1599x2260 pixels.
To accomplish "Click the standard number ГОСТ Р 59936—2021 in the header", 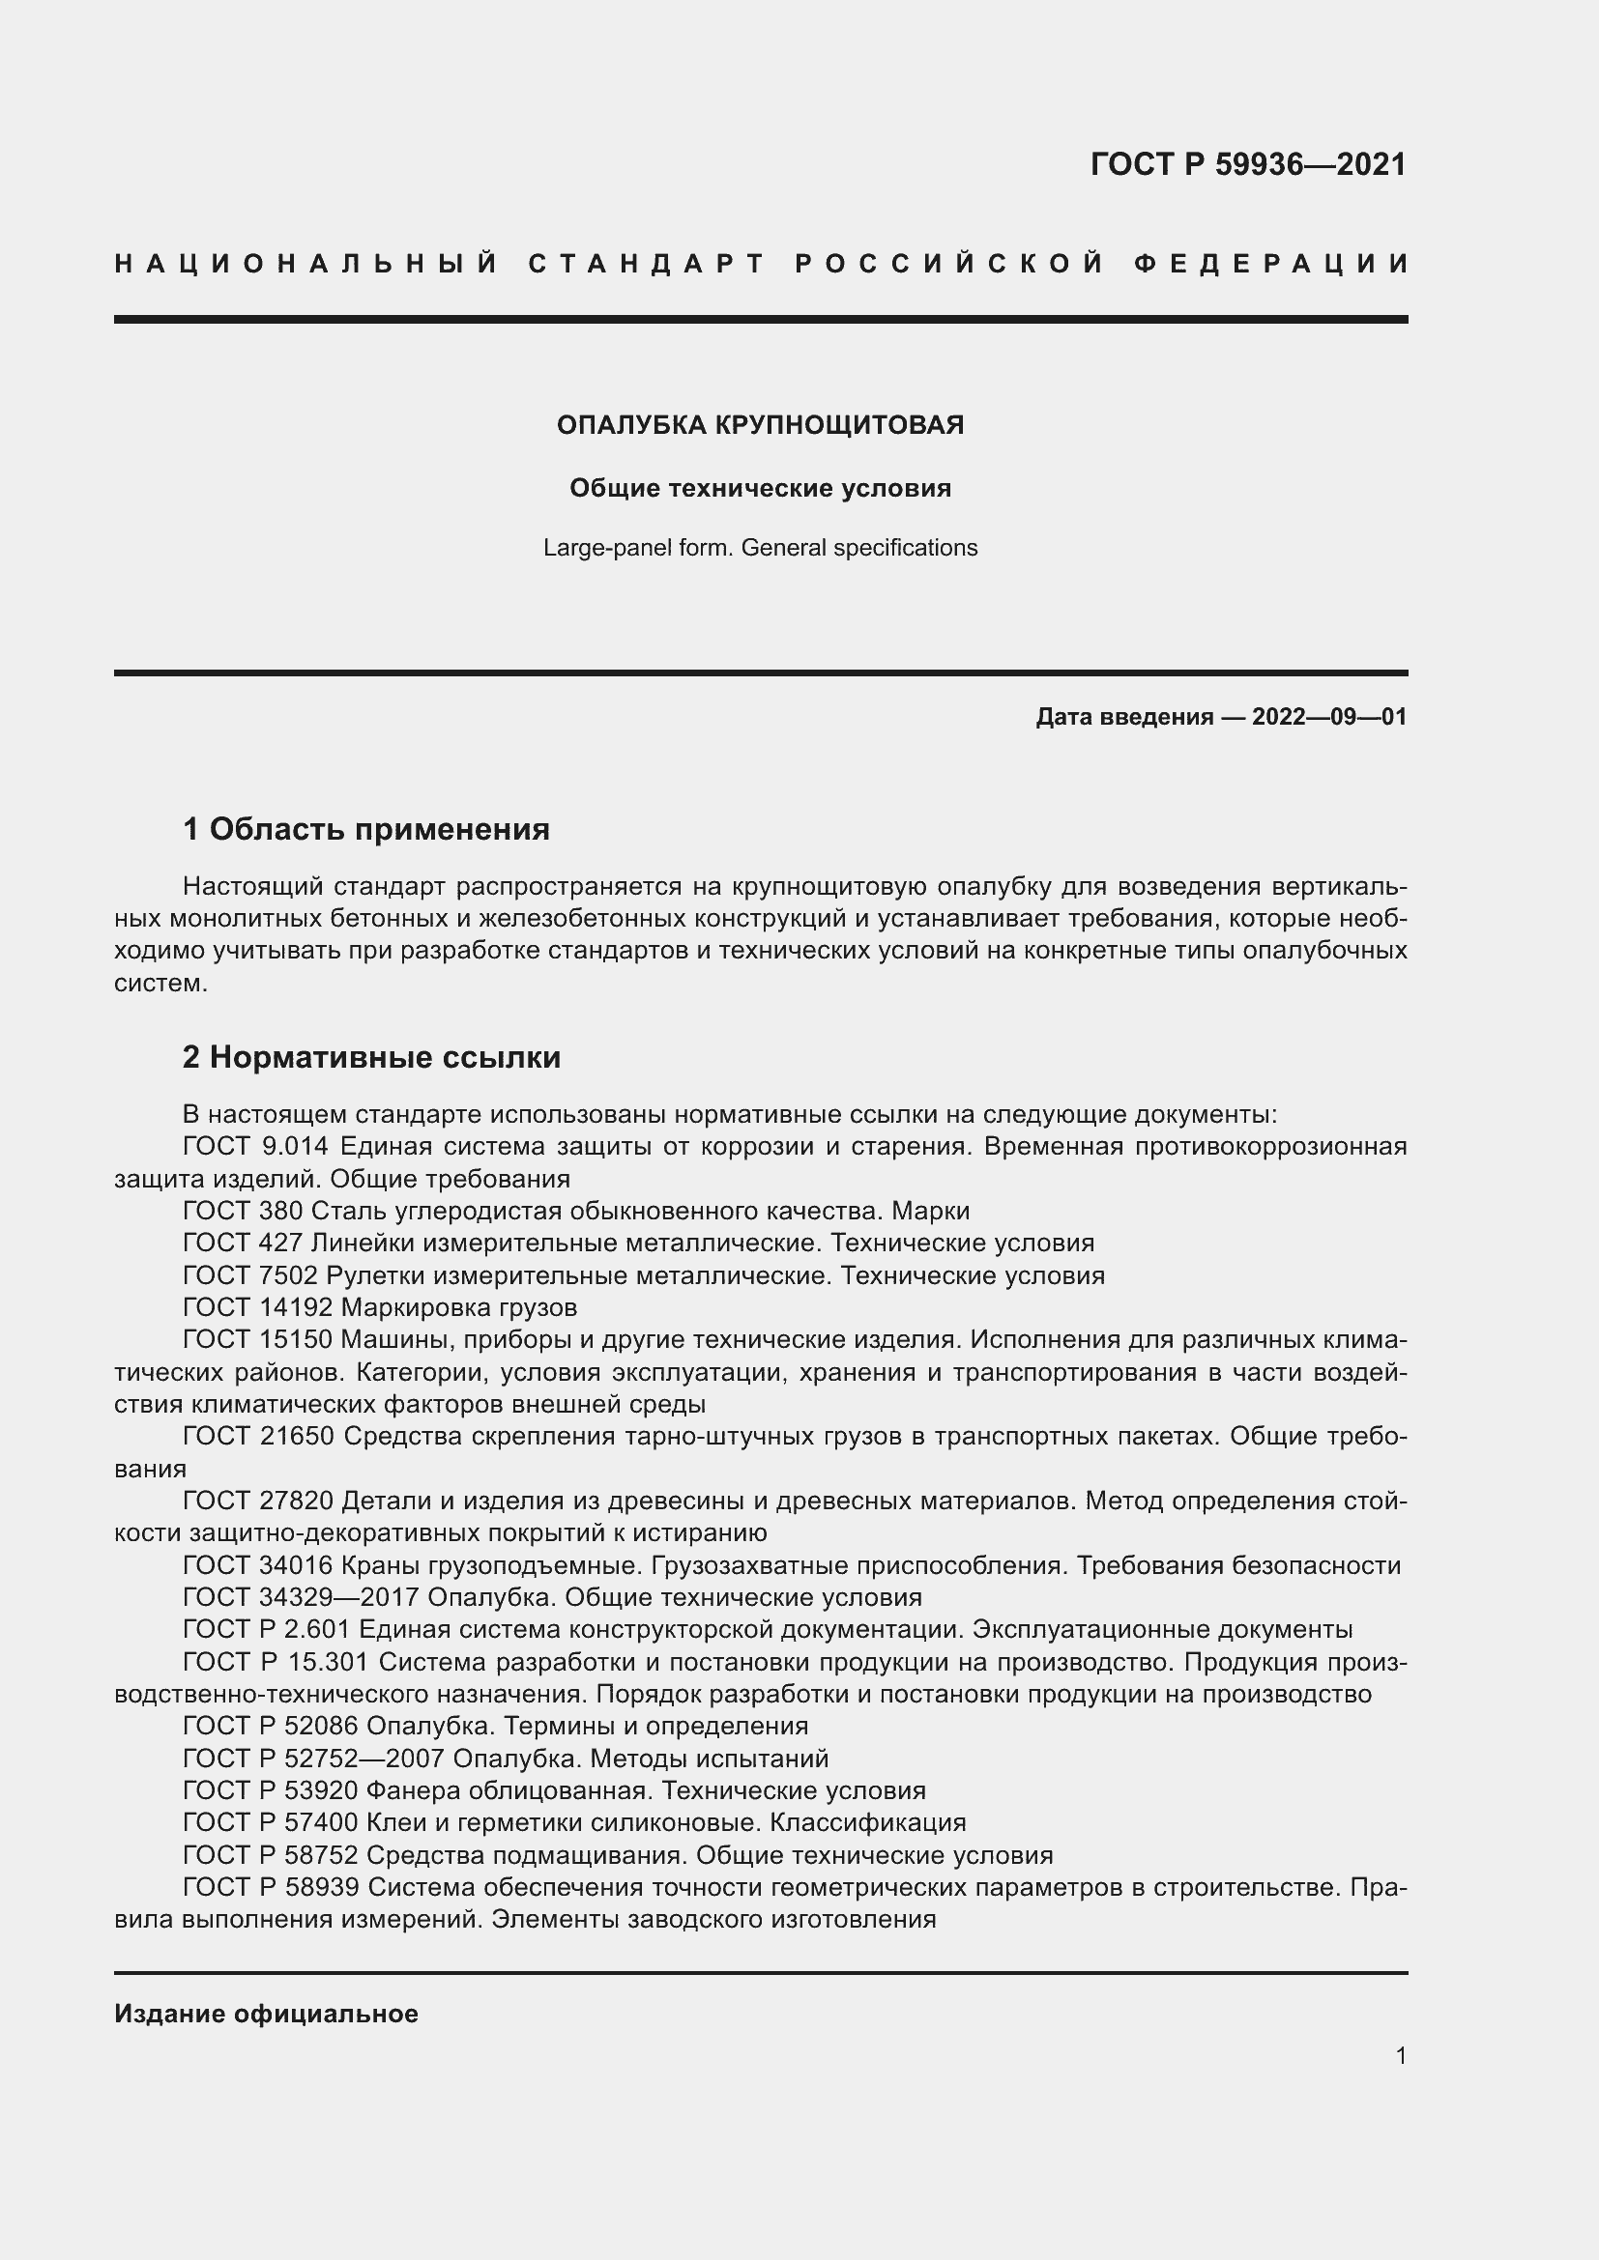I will point(1247,164).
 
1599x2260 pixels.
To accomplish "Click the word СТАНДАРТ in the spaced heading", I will point(647,264).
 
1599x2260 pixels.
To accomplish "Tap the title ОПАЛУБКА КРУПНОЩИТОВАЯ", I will point(760,425).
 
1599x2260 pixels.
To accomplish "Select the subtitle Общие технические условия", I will point(760,488).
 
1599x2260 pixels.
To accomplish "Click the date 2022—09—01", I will point(1329,717).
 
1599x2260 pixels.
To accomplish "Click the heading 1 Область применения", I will point(366,830).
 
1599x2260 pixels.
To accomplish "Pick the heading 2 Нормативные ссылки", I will point(371,1057).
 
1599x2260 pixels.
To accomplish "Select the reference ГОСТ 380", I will point(243,1211).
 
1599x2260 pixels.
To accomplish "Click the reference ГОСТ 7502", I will point(250,1275).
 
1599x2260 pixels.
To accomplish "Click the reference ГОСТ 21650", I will point(258,1437).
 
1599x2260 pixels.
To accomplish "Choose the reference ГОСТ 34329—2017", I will point(300,1597).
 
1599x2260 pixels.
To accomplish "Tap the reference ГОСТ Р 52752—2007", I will point(313,1759).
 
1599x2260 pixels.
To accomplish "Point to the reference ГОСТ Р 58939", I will point(272,1888).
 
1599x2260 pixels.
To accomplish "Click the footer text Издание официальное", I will point(266,2014).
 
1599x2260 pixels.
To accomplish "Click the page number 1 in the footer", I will point(1400,2056).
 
